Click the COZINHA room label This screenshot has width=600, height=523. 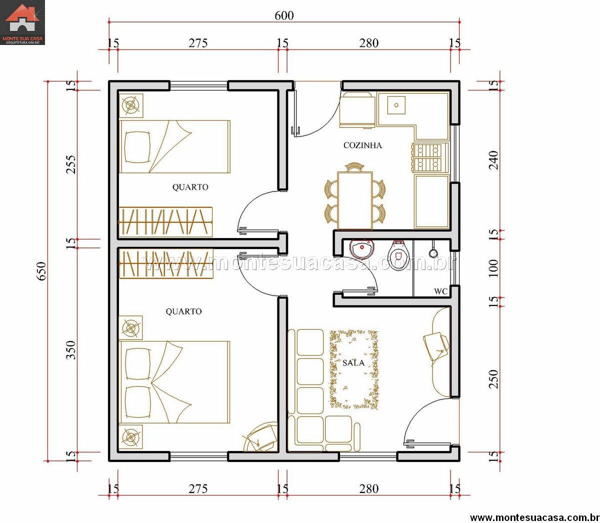click(362, 145)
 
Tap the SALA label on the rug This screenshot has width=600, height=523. click(353, 363)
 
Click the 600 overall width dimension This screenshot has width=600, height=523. click(284, 15)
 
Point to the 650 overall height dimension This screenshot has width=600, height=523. click(41, 271)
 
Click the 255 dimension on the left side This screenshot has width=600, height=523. click(71, 164)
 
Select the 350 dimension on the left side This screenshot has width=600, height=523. click(71, 349)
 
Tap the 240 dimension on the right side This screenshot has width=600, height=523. click(493, 160)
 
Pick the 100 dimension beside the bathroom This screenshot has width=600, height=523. click(493, 268)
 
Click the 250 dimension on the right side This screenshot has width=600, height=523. click(493, 379)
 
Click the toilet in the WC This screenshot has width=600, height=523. click(397, 254)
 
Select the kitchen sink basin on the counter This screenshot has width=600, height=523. click(396, 105)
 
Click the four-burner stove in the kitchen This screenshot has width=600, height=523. click(430, 157)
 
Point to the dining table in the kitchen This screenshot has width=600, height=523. click(355, 200)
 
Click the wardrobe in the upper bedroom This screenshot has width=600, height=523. click(165, 222)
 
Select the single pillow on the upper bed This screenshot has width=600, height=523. click(138, 146)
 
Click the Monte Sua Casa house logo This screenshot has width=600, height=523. click(22, 22)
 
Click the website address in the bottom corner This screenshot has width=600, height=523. click(534, 517)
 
